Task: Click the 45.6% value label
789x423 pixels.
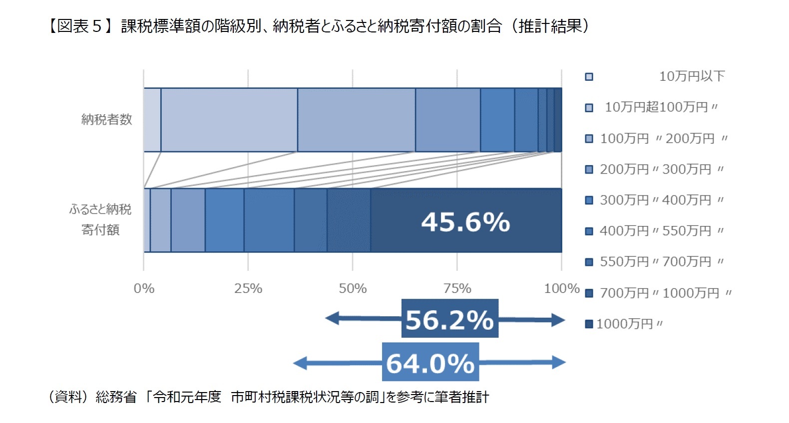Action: pyautogui.click(x=465, y=222)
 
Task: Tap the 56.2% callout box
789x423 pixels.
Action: pyautogui.click(x=449, y=319)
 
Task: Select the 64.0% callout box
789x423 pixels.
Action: pyautogui.click(x=430, y=362)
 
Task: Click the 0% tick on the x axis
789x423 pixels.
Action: pyautogui.click(x=144, y=288)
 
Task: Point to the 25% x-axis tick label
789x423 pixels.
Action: pyautogui.click(x=248, y=288)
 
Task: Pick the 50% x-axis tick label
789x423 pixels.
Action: pyautogui.click(x=353, y=288)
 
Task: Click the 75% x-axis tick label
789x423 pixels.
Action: pyautogui.click(x=457, y=288)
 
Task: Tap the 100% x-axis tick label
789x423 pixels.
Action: pyautogui.click(x=561, y=288)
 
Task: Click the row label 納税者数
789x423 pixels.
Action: pyautogui.click(x=106, y=120)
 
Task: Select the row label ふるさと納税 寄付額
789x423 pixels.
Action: pyautogui.click(x=100, y=219)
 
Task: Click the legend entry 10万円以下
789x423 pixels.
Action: pyautogui.click(x=692, y=76)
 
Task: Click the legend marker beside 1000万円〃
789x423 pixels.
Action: pyautogui.click(x=589, y=324)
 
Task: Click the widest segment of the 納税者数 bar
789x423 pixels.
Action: pyautogui.click(x=229, y=120)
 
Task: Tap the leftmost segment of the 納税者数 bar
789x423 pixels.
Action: pyautogui.click(x=152, y=120)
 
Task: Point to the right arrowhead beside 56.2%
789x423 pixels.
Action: pyautogui.click(x=559, y=320)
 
